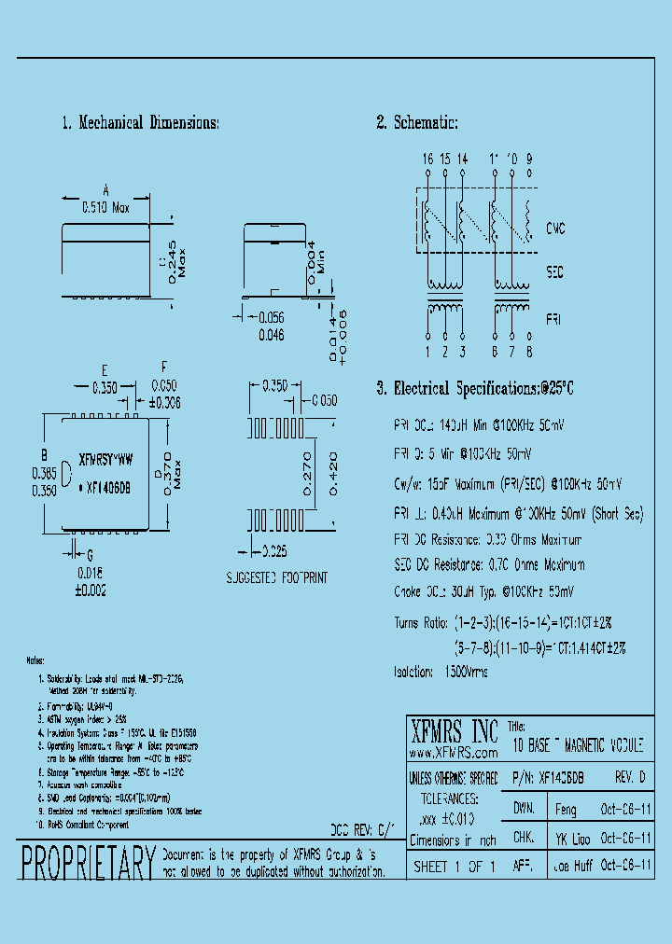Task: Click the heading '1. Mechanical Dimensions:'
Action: tap(140, 123)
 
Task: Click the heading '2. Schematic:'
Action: tap(417, 123)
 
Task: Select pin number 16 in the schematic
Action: tap(427, 160)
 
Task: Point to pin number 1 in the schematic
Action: tap(427, 352)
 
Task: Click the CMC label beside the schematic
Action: tap(557, 229)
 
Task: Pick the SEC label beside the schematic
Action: tap(556, 273)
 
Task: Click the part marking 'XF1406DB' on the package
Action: tap(108, 486)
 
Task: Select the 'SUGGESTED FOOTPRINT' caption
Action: tap(277, 578)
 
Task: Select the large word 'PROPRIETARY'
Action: tap(87, 862)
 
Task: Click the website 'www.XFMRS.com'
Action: tap(453, 751)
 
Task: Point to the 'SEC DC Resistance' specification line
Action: tap(490, 564)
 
